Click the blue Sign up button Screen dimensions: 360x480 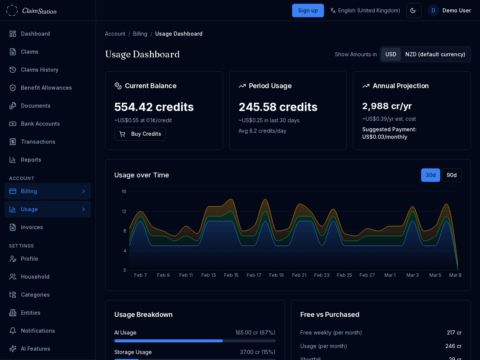308,10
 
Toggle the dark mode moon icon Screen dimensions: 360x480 414,10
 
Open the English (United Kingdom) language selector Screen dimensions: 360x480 365,10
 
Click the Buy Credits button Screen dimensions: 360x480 140,134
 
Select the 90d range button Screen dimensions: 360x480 451,175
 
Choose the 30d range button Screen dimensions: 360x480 430,175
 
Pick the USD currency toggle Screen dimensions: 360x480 391,54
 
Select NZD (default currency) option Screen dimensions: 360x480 435,54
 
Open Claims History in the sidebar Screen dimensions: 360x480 40,70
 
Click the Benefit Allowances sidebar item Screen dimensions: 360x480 46,88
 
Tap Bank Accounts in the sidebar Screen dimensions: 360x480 40,124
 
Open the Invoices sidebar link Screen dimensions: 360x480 32,227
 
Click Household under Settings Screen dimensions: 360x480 35,277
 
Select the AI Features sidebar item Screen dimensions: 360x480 36,349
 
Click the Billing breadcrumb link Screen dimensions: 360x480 140,34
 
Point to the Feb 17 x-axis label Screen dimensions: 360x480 254,275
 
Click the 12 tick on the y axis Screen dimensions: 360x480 124,211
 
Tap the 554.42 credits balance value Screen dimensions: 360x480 154,107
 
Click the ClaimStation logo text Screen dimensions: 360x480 39,11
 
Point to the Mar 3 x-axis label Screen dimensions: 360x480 412,275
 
